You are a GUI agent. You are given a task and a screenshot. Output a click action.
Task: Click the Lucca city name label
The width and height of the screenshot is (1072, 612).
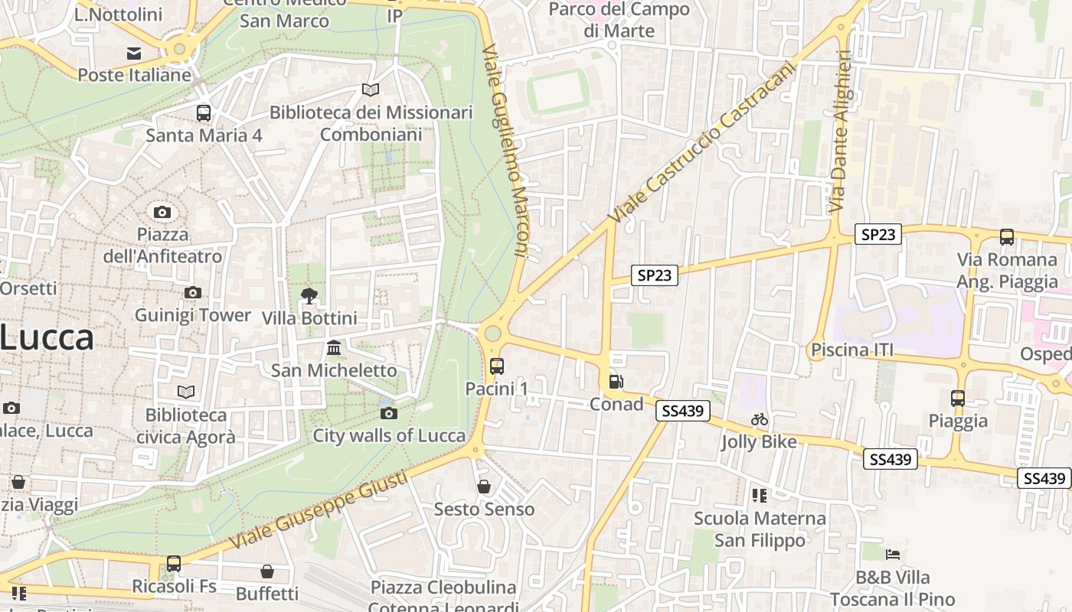(47, 337)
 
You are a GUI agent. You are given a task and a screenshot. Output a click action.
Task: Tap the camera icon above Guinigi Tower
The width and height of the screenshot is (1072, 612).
(193, 292)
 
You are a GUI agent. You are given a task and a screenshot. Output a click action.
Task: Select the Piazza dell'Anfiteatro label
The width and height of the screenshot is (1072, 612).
(162, 245)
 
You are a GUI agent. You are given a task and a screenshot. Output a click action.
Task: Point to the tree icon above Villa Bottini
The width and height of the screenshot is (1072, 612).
(309, 295)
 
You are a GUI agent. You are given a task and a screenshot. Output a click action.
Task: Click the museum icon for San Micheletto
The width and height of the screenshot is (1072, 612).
(334, 348)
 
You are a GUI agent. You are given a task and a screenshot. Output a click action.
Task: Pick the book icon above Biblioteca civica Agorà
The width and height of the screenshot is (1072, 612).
(186, 392)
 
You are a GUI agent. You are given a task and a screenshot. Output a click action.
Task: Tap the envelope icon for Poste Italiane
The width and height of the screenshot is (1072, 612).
(134, 54)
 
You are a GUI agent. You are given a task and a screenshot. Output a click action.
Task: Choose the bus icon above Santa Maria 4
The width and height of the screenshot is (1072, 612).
(204, 113)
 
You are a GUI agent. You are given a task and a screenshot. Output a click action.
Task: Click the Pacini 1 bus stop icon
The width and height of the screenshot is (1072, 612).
(497, 366)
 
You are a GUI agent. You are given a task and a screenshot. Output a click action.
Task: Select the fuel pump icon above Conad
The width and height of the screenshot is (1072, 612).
(616, 382)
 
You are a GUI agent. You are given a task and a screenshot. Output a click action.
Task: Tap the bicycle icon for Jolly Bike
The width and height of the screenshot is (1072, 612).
(760, 419)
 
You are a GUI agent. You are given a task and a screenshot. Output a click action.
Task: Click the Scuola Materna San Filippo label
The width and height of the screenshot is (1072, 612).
(760, 529)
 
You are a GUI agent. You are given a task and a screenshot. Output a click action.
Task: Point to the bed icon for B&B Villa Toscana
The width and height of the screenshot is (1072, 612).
(893, 555)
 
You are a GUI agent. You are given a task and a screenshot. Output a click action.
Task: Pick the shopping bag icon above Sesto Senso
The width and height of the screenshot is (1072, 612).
(484, 487)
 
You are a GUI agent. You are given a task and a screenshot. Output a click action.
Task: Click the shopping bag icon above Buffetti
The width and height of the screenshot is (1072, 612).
(267, 571)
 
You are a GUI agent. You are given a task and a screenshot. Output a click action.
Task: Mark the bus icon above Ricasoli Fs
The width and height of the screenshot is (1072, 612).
(174, 564)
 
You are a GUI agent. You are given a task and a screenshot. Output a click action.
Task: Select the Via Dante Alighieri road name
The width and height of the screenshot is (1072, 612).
(840, 132)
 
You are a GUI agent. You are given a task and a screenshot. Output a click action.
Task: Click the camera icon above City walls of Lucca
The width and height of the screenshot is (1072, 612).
(389, 414)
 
